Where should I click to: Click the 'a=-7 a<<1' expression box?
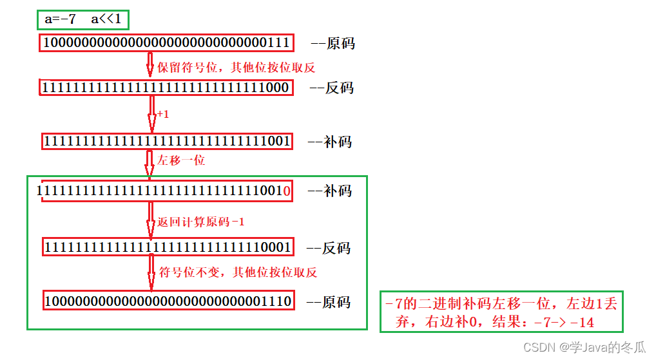83,19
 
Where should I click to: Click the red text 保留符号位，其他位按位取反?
236,66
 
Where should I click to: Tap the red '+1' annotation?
162,115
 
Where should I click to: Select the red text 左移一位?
181,160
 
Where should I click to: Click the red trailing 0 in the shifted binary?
287,191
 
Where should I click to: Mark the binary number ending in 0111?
166,44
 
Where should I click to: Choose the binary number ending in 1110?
168,301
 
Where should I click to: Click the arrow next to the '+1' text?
152,115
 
